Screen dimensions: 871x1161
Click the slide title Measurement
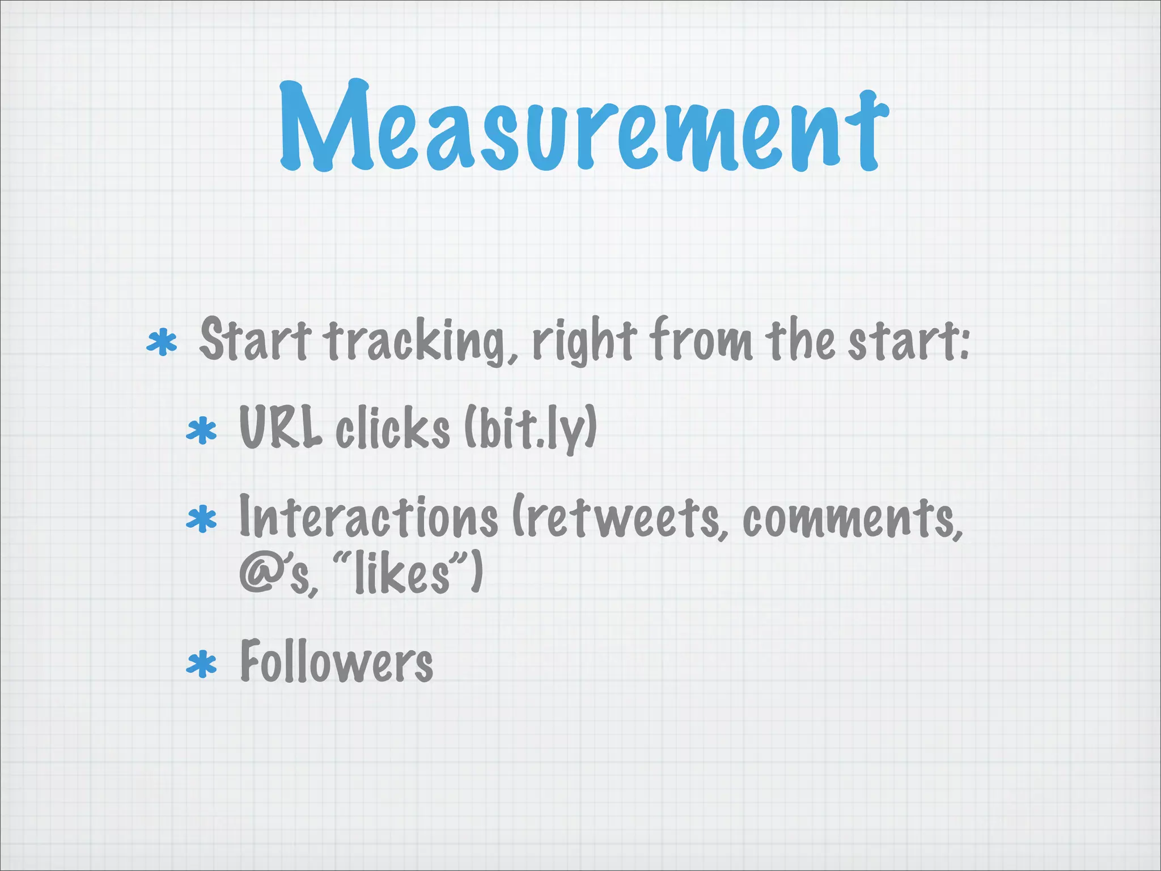click(x=584, y=128)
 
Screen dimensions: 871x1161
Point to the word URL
click(x=280, y=428)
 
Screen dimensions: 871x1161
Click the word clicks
click(x=392, y=429)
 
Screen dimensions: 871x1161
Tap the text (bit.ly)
click(x=531, y=429)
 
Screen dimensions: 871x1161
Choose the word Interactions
click(x=368, y=517)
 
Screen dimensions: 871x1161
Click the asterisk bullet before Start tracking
click(x=162, y=343)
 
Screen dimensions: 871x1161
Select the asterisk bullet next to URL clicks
click(x=202, y=431)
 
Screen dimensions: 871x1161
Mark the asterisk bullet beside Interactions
click(x=202, y=520)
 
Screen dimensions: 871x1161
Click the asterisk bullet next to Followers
click(x=202, y=665)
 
